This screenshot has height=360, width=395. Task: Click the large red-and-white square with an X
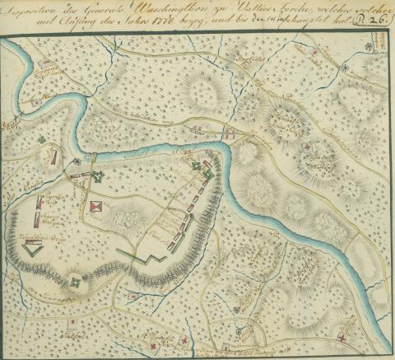coord(97,206)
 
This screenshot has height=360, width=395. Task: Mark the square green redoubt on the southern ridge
coord(76,283)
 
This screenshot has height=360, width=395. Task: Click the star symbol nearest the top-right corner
coord(346,68)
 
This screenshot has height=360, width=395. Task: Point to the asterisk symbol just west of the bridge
coord(77,161)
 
